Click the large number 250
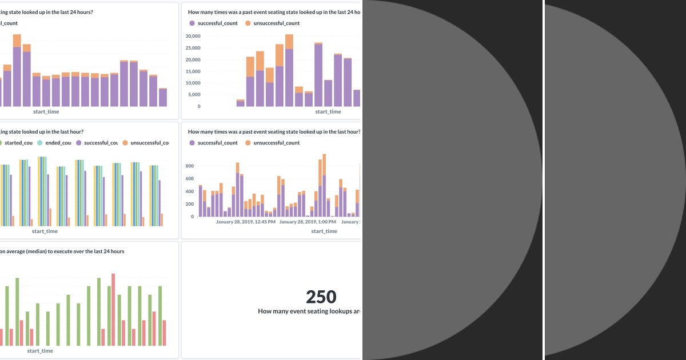321,297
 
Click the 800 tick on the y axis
190,166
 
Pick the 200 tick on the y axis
190,204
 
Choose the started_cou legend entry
20,143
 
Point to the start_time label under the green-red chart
40,351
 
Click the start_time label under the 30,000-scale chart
328,112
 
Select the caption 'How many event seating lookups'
309,311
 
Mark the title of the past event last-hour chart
274,131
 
